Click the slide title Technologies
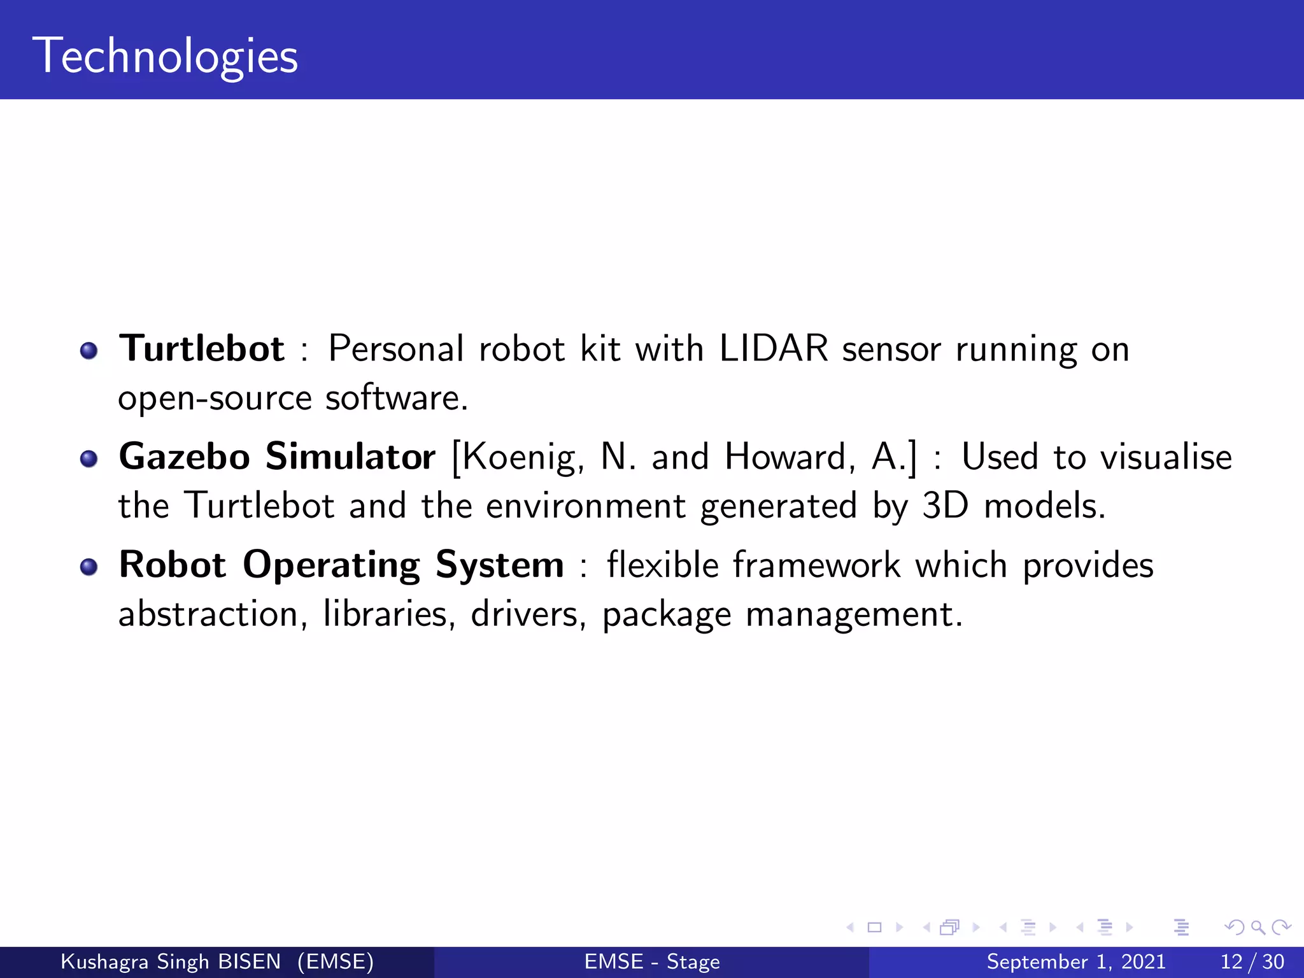coord(169,56)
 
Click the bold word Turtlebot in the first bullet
coord(202,349)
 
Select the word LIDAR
coord(774,349)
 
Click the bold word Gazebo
coord(185,457)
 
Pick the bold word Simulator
coord(350,457)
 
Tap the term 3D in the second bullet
coord(946,506)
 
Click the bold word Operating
coord(331,565)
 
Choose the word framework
coord(817,565)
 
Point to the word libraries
coord(388,614)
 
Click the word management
coord(853,616)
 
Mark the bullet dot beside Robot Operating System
coord(89,567)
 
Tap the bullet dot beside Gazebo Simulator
coord(89,458)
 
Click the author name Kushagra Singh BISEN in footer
coord(171,961)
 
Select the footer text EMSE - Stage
coord(652,961)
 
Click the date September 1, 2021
coord(1076,961)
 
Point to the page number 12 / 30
coord(1252,961)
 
